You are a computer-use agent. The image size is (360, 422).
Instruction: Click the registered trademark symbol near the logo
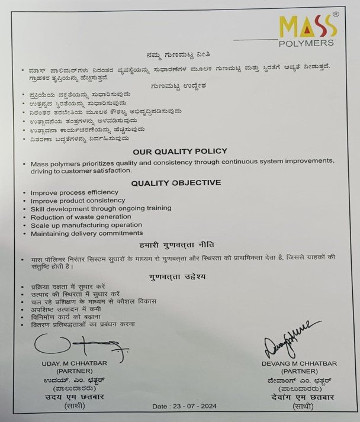click(x=336, y=12)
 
